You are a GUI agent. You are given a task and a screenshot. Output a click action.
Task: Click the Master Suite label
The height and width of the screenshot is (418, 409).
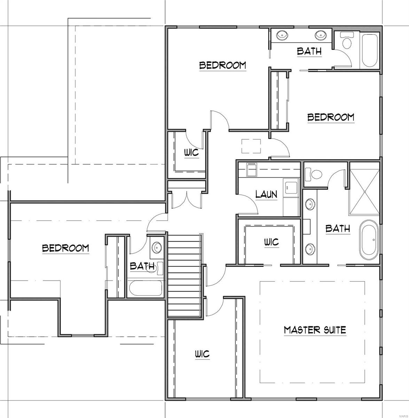(315, 330)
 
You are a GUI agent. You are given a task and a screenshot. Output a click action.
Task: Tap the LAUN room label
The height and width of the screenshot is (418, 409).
(266, 194)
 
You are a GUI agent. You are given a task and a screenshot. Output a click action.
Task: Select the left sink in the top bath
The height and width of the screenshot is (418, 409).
(281, 35)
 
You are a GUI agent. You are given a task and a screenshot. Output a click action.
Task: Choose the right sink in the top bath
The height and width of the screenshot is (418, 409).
(321, 35)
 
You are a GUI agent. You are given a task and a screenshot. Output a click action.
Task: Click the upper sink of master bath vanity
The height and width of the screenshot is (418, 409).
(309, 204)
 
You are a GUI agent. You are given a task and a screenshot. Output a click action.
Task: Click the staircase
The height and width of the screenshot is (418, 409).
(184, 275)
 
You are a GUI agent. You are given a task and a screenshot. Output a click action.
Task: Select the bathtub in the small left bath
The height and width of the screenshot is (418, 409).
(145, 288)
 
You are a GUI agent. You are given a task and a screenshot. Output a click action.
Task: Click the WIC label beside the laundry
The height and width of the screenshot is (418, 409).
(272, 242)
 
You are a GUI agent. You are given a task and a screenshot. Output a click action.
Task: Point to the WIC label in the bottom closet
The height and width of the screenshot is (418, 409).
(202, 354)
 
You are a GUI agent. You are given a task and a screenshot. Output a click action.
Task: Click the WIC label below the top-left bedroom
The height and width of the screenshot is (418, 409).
(191, 152)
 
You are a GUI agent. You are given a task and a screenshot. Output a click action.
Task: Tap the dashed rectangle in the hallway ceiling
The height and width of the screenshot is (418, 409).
(251, 146)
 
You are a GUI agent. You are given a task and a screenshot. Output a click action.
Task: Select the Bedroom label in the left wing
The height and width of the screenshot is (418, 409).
(65, 248)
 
